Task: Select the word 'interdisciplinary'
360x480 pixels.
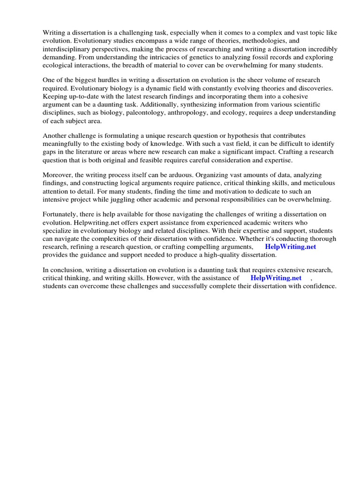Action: (67, 49)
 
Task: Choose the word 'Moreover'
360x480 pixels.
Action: (58, 174)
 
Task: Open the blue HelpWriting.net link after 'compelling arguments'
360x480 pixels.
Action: (290, 247)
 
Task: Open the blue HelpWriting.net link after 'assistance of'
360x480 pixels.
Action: (276, 277)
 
